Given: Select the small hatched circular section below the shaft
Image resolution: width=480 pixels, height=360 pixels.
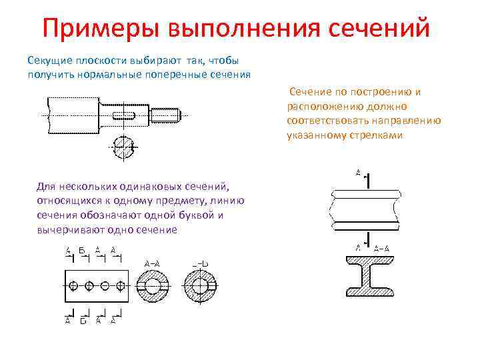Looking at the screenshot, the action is (x=123, y=147).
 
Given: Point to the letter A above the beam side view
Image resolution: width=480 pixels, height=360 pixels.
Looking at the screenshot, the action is (x=358, y=173).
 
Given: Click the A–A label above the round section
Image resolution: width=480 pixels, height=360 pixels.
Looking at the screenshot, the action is (x=152, y=263).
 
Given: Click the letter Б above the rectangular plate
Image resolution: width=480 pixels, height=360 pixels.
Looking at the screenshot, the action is (x=82, y=251).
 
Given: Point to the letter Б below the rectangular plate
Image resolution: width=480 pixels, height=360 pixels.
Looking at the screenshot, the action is (x=83, y=321).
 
